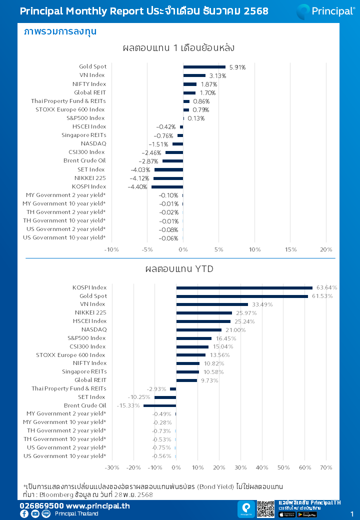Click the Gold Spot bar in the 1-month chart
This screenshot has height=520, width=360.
204,67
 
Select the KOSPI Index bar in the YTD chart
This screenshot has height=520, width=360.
244,287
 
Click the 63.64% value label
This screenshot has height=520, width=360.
327,287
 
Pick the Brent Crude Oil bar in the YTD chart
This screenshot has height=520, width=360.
159,405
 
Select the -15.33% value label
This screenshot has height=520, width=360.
128,405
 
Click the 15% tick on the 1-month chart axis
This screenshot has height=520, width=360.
290,249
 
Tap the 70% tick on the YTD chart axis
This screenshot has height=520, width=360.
326,467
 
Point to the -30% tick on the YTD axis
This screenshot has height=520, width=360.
111,467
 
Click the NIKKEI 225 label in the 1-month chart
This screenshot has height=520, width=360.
90,178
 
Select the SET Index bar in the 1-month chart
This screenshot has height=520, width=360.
168,170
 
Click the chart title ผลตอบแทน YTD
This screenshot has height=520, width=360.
179,269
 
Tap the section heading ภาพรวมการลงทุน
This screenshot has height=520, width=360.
60,31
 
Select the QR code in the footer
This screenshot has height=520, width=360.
266,509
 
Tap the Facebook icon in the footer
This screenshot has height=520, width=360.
24,514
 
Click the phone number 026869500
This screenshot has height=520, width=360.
41,506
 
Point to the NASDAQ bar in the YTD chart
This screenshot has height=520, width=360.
198,330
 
